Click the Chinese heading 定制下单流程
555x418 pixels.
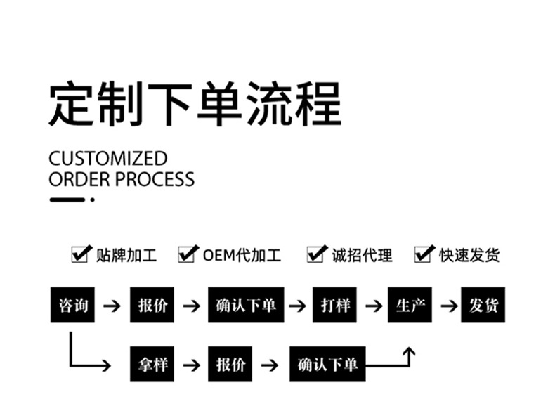(x=195, y=103)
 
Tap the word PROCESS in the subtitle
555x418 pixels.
(x=155, y=179)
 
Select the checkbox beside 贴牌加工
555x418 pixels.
(x=81, y=254)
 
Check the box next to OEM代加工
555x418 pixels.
(x=187, y=254)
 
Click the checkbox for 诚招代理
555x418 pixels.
(x=316, y=254)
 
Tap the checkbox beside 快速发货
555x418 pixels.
(x=424, y=254)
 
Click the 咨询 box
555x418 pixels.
(x=72, y=305)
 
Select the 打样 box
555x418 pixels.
(x=335, y=305)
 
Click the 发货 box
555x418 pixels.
(x=483, y=305)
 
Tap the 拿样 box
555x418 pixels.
(x=152, y=365)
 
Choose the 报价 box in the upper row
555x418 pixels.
(x=152, y=305)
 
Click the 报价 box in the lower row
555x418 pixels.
(x=230, y=365)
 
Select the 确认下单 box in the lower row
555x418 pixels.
(x=327, y=365)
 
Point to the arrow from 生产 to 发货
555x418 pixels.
(x=448, y=306)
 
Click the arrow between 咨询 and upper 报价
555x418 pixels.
(x=112, y=306)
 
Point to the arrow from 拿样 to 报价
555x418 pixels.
(x=190, y=365)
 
